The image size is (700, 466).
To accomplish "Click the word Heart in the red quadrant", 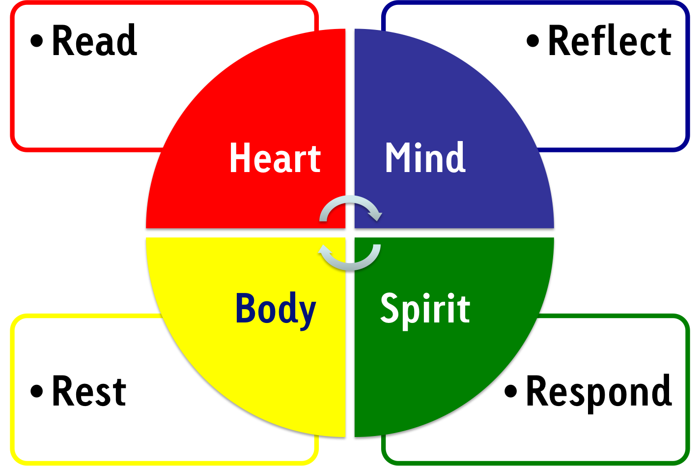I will coord(275,158).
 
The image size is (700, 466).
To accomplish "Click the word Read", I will coord(94,40).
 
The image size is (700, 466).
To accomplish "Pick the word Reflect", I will coord(610,40).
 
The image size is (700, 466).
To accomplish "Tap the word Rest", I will coord(89,391).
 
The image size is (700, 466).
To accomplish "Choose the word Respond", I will coord(599,392).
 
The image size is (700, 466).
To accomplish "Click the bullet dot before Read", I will coord(37,41).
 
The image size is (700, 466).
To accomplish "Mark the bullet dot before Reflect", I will coord(533,41).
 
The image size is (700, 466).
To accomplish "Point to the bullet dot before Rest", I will coord(37,391).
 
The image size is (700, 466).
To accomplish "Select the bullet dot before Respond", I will coord(511,391).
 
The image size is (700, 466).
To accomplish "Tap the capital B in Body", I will coord(246,308).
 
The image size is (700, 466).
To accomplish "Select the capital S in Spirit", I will coord(390,308).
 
